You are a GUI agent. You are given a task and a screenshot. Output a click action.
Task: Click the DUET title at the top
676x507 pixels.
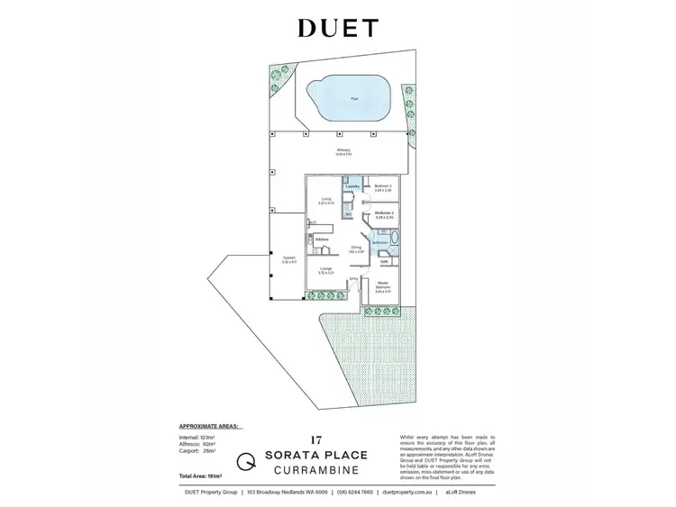(337, 29)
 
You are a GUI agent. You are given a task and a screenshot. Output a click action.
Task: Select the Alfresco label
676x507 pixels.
(343, 150)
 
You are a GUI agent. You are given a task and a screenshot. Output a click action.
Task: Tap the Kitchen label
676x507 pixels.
(322, 238)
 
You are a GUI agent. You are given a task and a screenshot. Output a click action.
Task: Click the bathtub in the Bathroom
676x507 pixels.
(394, 241)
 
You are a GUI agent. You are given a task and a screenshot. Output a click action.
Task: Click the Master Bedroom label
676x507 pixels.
(383, 288)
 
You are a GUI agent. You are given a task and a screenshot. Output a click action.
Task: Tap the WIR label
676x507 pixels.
(384, 262)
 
